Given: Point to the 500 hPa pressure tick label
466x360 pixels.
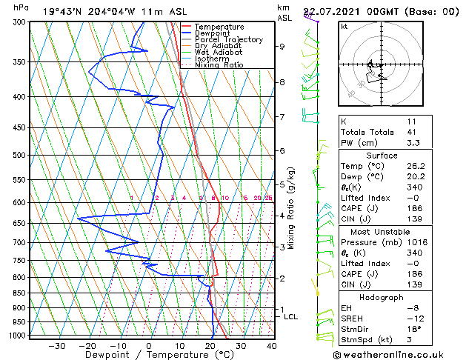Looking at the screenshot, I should pos(14,155).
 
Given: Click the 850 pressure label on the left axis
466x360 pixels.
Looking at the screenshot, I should pos(14,293).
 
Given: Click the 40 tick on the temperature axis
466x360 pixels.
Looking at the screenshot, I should pos(271,346).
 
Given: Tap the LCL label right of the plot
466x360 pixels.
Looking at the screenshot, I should pos(291,316).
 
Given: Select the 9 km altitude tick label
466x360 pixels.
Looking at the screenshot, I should pos(282,46).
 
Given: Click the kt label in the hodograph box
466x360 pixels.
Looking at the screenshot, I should pos(344,26).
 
